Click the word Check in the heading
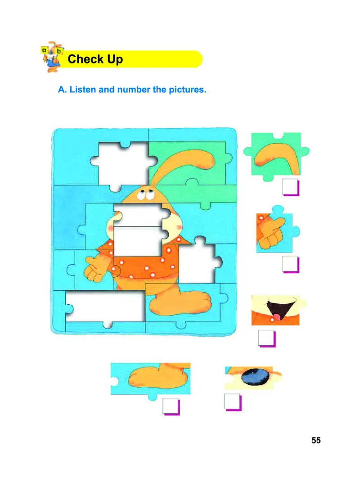point(85,59)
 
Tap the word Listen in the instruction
point(82,90)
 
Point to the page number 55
point(316,440)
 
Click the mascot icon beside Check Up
point(52,57)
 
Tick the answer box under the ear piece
point(291,187)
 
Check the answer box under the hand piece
point(291,264)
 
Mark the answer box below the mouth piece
point(267,338)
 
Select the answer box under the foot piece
point(171,406)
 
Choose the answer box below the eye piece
point(233,402)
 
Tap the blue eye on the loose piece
point(256,377)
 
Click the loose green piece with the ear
point(276,156)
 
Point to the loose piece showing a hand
point(276,231)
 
